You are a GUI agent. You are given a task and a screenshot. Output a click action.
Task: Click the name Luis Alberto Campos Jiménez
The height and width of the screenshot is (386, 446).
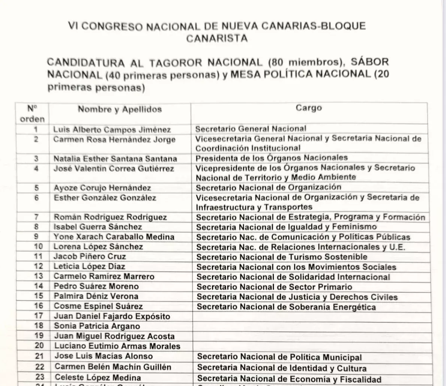pyautogui.click(x=112, y=130)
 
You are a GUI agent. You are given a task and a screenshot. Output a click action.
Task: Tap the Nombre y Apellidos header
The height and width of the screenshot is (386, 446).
pyautogui.click(x=120, y=109)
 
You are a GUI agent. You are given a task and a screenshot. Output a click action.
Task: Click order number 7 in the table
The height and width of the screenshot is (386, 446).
pyautogui.click(x=36, y=217)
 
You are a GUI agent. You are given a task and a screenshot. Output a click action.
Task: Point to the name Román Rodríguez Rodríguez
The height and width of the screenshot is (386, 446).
pyautogui.click(x=110, y=217)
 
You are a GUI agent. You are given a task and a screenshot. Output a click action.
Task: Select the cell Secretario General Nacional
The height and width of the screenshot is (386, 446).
pyautogui.click(x=251, y=129)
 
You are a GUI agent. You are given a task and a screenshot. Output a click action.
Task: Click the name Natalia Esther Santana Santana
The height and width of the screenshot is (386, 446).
pyautogui.click(x=115, y=158)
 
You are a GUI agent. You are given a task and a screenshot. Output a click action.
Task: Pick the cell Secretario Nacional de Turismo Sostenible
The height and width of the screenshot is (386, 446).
pyautogui.click(x=282, y=257)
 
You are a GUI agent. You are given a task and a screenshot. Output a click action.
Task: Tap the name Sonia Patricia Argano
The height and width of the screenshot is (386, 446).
pyautogui.click(x=97, y=326)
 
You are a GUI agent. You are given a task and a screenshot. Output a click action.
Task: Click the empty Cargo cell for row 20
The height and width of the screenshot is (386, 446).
pyautogui.click(x=309, y=346)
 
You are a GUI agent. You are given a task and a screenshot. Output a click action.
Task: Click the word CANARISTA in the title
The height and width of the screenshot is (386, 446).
pyautogui.click(x=217, y=38)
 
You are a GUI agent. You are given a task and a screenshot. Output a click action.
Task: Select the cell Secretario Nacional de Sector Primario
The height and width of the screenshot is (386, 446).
pyautogui.click(x=274, y=287)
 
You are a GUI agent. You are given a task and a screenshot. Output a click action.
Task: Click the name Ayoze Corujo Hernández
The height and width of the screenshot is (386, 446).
pyautogui.click(x=102, y=188)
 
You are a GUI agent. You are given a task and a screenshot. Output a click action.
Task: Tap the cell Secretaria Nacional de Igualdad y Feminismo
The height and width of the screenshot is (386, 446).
pyautogui.click(x=286, y=227)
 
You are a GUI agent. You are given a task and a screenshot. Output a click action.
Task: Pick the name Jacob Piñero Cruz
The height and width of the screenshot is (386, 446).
pyautogui.click(x=90, y=257)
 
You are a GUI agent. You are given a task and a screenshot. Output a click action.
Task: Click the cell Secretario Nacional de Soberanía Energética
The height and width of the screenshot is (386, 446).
pyautogui.click(x=286, y=307)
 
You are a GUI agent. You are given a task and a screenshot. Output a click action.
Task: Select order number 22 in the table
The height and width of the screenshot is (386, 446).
pyautogui.click(x=39, y=367)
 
